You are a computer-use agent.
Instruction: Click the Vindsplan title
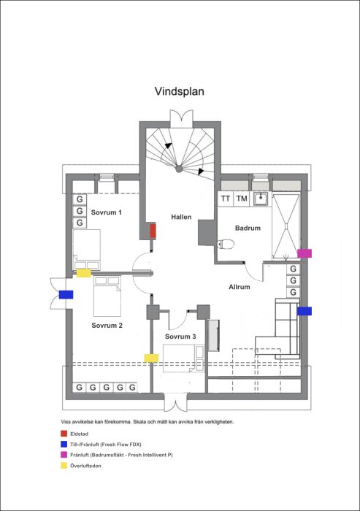180,91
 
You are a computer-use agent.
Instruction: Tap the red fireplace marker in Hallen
153,231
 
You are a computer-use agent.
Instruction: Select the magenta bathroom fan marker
305,253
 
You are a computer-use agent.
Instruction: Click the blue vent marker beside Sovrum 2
66,295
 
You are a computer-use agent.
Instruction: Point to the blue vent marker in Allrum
305,311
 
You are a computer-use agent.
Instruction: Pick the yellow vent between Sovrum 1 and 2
84,273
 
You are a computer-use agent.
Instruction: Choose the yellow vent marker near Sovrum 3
151,358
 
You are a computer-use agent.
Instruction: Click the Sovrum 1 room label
107,212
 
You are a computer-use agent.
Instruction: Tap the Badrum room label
248,228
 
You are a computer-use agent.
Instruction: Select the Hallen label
181,217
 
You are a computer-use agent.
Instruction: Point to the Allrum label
240,287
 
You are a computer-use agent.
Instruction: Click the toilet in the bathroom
226,244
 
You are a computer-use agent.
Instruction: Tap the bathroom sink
261,199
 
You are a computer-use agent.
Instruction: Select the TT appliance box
226,199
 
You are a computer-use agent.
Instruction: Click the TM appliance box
242,199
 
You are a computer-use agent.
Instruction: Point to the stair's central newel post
179,169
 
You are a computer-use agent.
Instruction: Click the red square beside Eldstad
64,434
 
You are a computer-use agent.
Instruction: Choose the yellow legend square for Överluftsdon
64,466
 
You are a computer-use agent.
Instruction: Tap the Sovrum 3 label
180,337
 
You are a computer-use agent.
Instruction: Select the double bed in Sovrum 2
107,296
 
